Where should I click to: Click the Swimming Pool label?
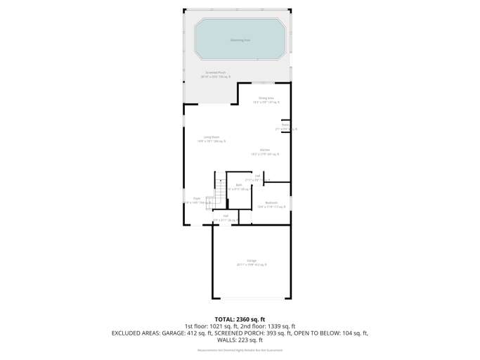pyautogui.click(x=240, y=40)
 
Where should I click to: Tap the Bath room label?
pyautogui.click(x=239, y=186)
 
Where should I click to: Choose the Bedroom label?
pyautogui.click(x=271, y=204)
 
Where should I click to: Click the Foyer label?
pyautogui.click(x=197, y=200)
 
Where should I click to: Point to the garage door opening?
pyautogui.click(x=252, y=298)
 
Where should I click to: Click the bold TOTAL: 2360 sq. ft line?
pyautogui.click(x=240, y=319)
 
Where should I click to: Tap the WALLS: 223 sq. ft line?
pyautogui.click(x=240, y=340)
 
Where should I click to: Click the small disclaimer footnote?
pyautogui.click(x=240, y=350)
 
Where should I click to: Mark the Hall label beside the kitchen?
pyautogui.click(x=258, y=176)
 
